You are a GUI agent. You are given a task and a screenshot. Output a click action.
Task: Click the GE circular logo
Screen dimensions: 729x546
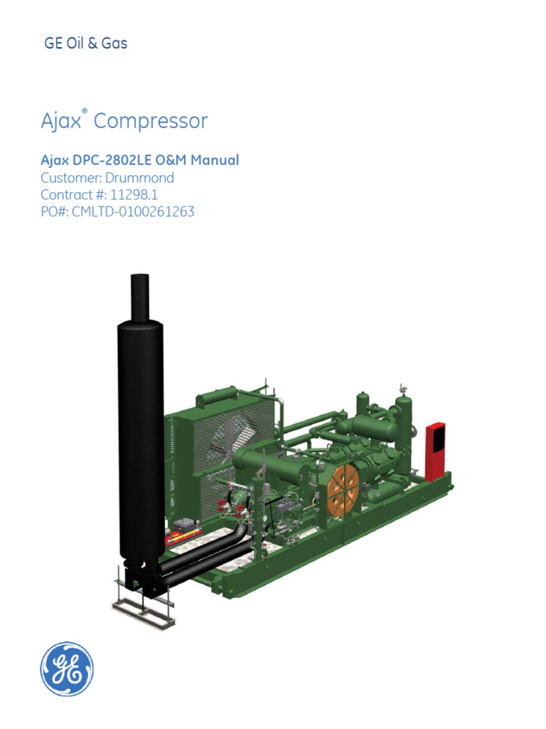tap(67, 669)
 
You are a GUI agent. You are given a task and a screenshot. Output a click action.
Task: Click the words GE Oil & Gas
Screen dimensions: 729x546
tap(85, 43)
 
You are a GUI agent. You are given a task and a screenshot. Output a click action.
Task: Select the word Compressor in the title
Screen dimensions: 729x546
tap(151, 121)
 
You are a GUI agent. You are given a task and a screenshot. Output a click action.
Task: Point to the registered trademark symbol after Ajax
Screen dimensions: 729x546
tap(85, 112)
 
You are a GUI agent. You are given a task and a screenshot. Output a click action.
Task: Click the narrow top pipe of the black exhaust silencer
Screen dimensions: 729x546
tap(139, 296)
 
